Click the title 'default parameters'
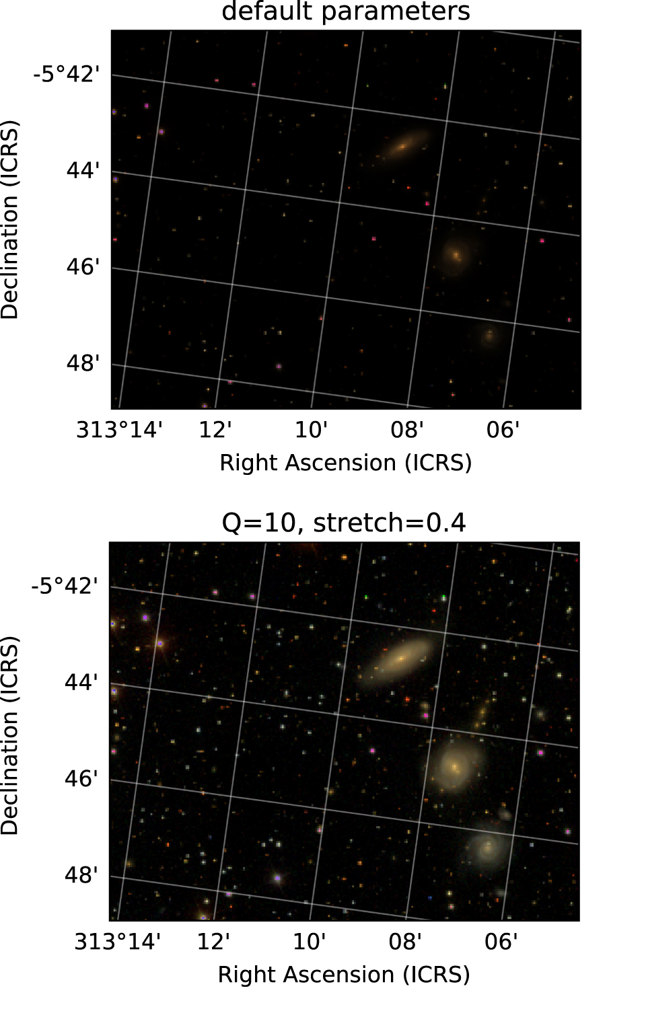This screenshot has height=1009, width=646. [345, 11]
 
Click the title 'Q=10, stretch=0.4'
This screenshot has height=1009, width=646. [343, 523]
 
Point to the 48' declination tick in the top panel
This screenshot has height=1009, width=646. [83, 364]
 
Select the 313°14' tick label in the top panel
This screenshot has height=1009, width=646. [119, 429]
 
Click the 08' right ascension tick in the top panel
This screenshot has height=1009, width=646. [407, 429]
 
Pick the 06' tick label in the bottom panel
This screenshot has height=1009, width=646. [501, 941]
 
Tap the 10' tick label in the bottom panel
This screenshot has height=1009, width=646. [310, 941]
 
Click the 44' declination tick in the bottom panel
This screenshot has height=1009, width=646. [81, 683]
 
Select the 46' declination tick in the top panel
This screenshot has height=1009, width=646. [83, 267]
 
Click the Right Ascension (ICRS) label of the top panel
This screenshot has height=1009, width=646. [345, 463]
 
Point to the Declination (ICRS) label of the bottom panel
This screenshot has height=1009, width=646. [9, 735]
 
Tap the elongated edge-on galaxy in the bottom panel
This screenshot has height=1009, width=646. [402, 657]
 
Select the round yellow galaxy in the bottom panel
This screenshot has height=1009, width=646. [455, 765]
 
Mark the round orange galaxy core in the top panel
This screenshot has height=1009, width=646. [456, 255]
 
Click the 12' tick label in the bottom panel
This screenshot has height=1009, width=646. [213, 941]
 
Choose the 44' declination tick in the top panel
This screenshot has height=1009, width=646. [83, 171]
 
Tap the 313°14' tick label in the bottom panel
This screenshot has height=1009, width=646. [117, 941]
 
